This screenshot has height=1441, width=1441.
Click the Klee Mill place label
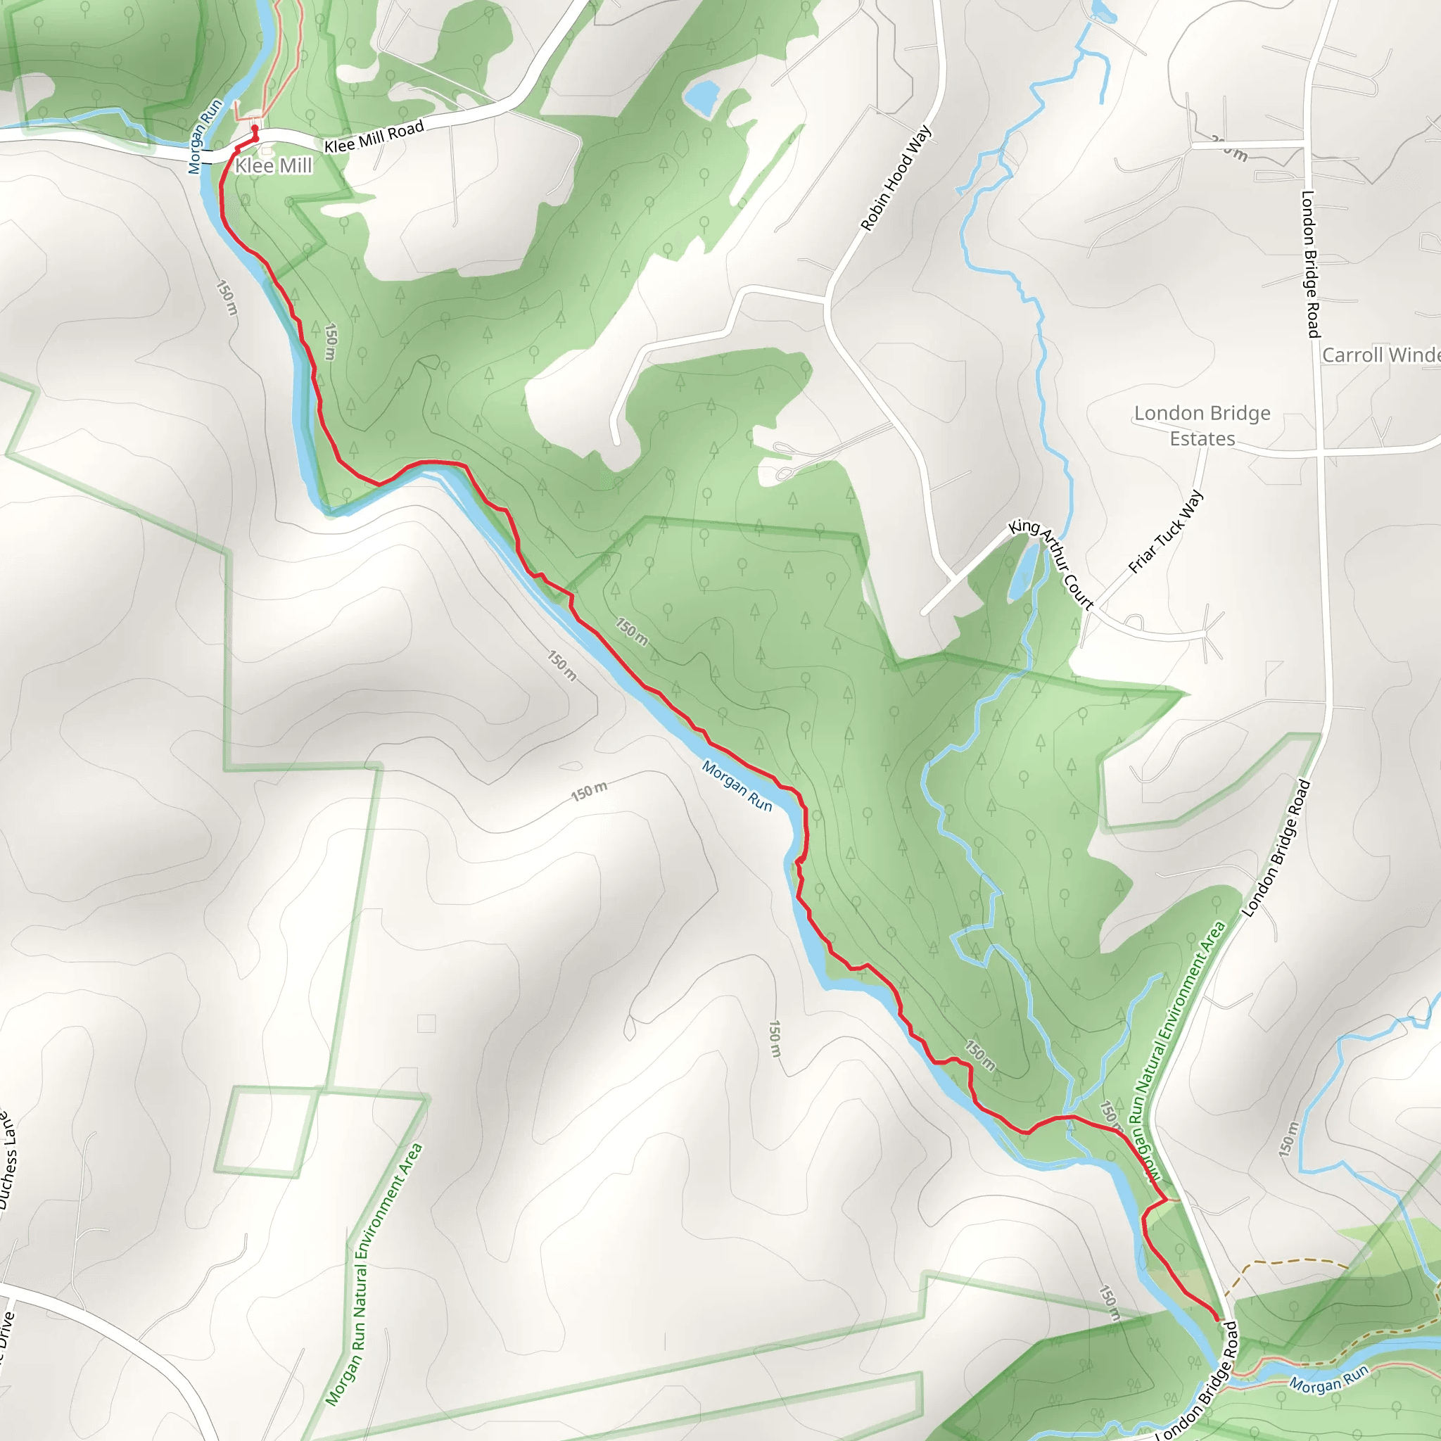tap(273, 165)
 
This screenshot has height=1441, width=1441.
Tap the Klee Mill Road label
tap(374, 137)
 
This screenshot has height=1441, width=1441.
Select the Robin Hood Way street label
tap(896, 178)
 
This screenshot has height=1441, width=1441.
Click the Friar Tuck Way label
tap(1165, 532)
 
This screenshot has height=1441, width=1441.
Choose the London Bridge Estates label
tap(1202, 426)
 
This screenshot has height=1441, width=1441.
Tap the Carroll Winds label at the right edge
tap(1380, 355)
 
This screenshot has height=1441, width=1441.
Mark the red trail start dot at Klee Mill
tap(255, 129)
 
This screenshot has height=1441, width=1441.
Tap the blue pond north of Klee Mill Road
tap(701, 96)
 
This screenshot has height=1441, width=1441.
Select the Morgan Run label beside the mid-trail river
tap(737, 785)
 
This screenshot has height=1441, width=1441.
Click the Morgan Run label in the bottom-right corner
tap(1329, 1380)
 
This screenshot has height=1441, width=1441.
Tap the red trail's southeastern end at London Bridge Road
tap(1218, 1319)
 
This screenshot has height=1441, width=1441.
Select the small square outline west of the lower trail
tap(426, 1023)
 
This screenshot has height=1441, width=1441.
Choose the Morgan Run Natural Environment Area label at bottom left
tap(374, 1275)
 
